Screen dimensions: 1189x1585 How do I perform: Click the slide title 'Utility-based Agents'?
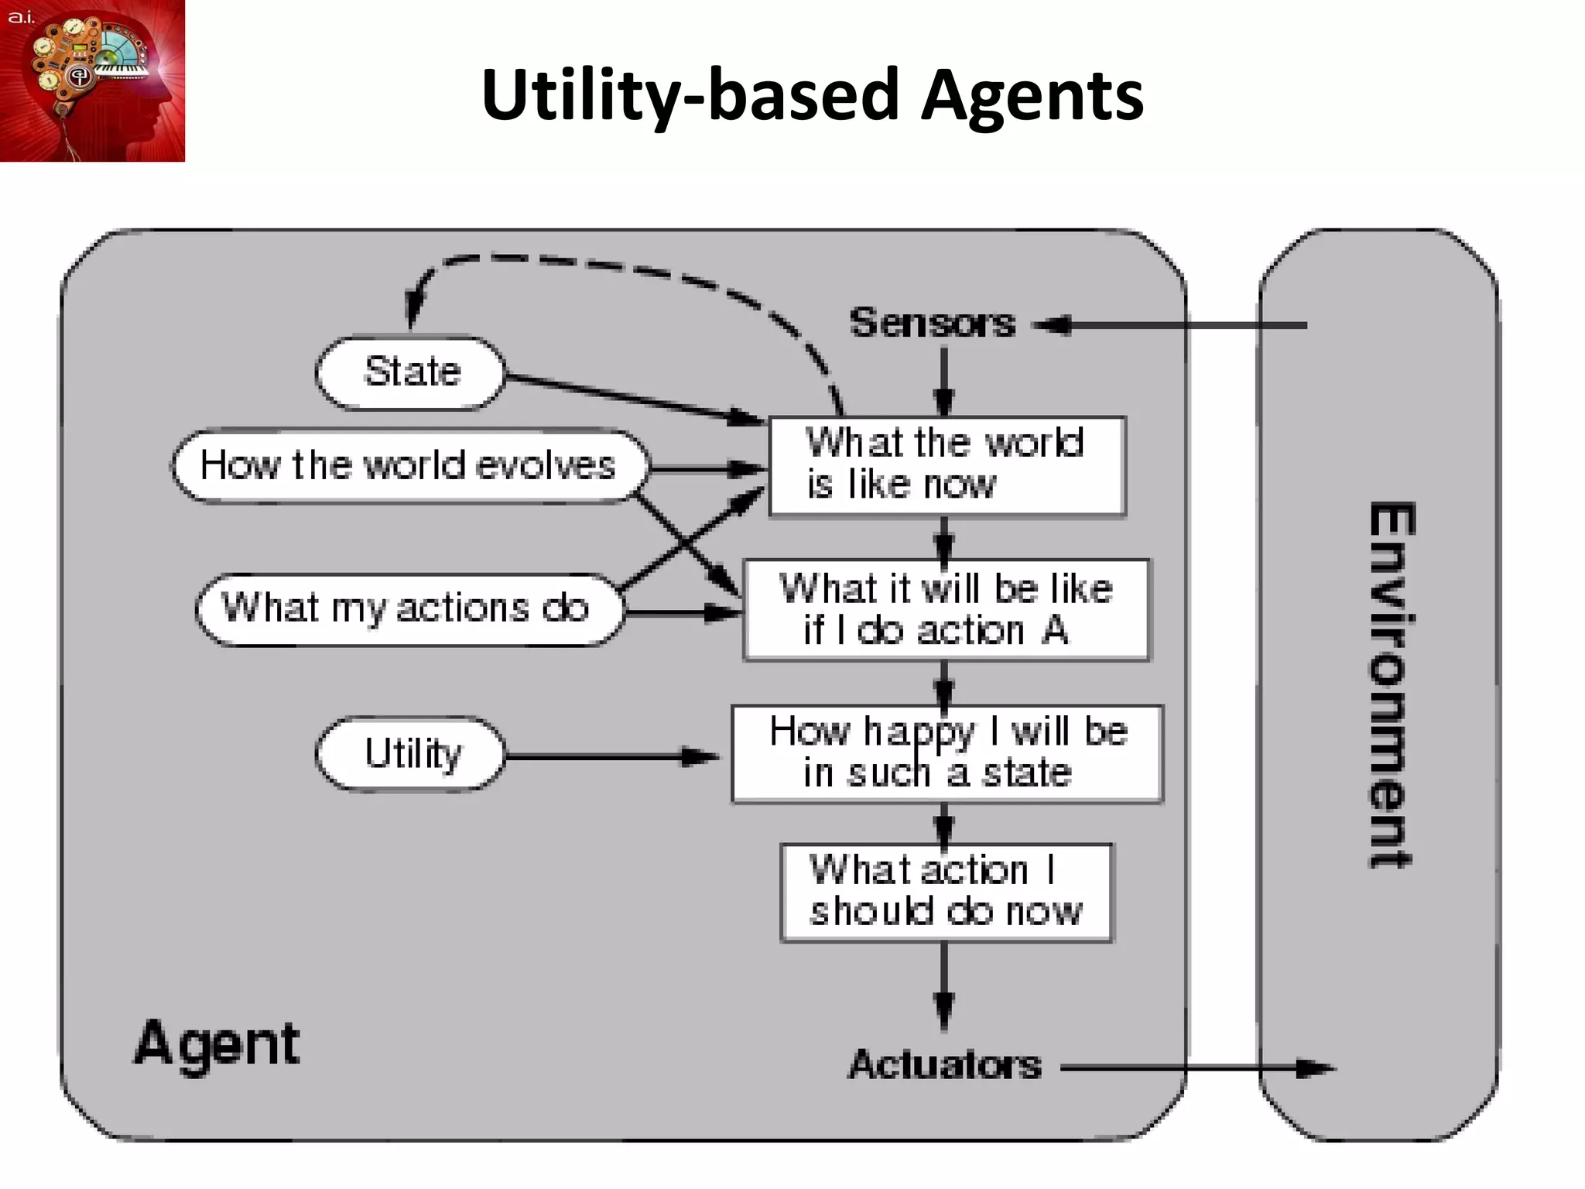tap(812, 94)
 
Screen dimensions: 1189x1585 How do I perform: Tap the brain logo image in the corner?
tap(92, 81)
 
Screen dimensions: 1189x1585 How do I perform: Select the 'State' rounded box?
tap(411, 372)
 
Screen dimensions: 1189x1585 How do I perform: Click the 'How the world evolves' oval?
tap(408, 466)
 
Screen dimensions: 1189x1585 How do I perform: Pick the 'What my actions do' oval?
tap(408, 609)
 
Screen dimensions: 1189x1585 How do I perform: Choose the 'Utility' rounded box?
tap(411, 754)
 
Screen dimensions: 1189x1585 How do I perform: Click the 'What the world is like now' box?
tap(947, 465)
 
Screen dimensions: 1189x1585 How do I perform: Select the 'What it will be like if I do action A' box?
tap(946, 610)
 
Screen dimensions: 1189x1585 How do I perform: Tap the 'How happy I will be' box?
tap(947, 753)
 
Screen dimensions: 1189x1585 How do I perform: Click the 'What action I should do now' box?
tap(946, 892)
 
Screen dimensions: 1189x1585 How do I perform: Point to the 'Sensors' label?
tap(932, 323)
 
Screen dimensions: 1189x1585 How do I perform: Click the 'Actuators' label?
tap(944, 1065)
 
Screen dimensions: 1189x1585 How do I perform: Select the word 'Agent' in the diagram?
tap(217, 1043)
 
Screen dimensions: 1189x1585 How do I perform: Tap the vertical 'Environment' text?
tap(1391, 684)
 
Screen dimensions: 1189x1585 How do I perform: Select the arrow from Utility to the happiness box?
tap(611, 756)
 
